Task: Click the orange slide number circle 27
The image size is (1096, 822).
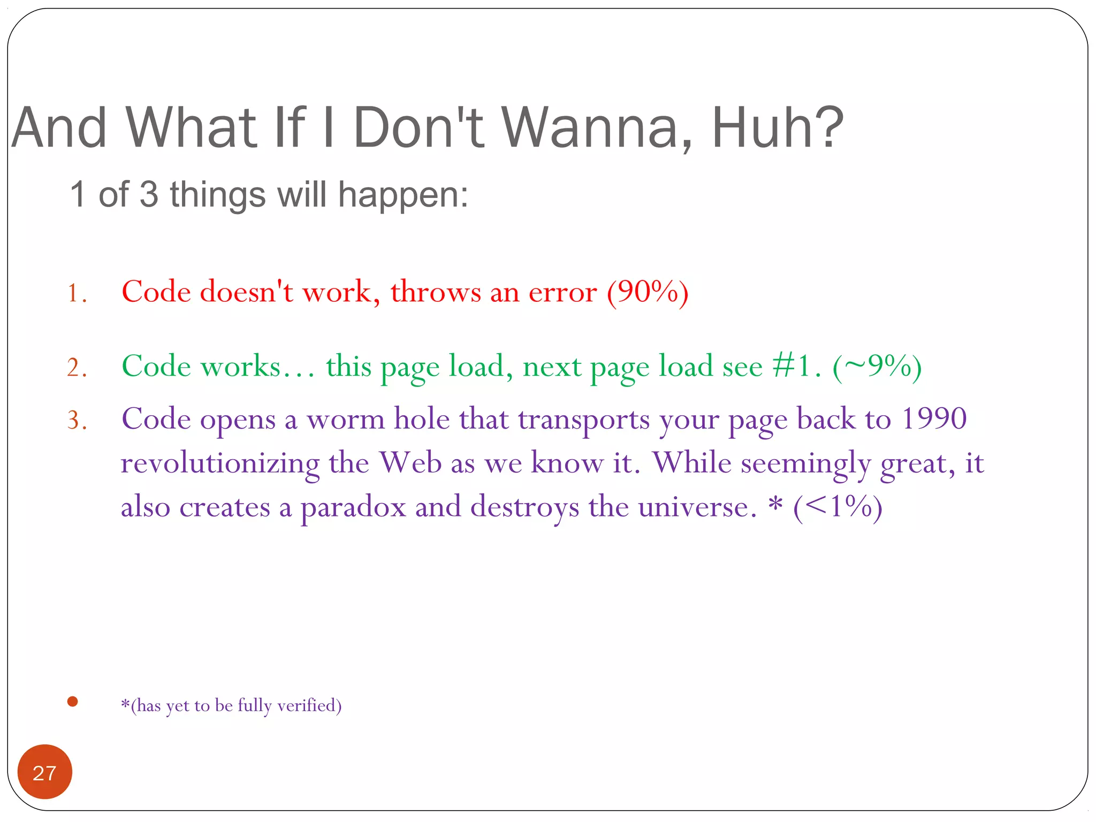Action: tap(44, 772)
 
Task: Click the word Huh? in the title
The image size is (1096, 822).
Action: tap(778, 128)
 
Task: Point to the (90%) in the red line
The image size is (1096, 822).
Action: tap(648, 293)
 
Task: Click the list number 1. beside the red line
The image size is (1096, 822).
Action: tap(77, 294)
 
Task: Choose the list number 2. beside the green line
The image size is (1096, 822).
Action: tap(77, 368)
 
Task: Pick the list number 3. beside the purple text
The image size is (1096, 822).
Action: tap(77, 421)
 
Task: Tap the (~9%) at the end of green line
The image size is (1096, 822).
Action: tap(877, 367)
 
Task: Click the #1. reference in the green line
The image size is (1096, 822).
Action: tap(796, 367)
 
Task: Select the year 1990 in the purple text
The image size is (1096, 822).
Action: tap(934, 418)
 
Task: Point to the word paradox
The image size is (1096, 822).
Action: tap(353, 507)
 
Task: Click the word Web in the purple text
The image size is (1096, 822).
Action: tap(410, 462)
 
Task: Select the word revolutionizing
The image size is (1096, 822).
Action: tap(220, 463)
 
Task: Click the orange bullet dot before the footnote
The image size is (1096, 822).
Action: tap(73, 702)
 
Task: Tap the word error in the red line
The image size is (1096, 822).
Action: tap(562, 293)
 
